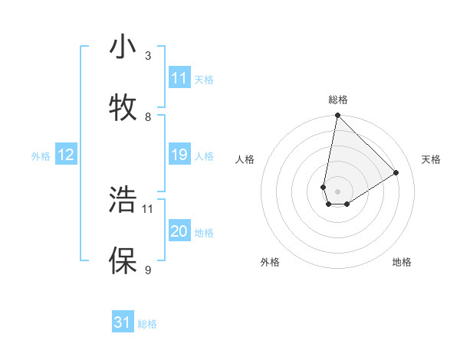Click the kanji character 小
point(123,48)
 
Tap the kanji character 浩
point(123,200)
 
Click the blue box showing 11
point(179,78)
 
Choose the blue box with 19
point(179,155)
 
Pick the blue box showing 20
point(179,232)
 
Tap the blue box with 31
point(123,323)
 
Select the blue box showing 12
point(66,155)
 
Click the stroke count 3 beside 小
point(148,56)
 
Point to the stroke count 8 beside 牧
point(148,116)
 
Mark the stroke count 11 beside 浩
point(148,208)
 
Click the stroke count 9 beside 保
point(148,269)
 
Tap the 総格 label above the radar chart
point(338,100)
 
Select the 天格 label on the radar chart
point(432,159)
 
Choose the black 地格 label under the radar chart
point(402,262)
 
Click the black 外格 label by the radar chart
point(270,262)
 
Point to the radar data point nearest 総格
point(337,116)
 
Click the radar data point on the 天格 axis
point(396,172)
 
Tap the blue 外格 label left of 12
point(41,156)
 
